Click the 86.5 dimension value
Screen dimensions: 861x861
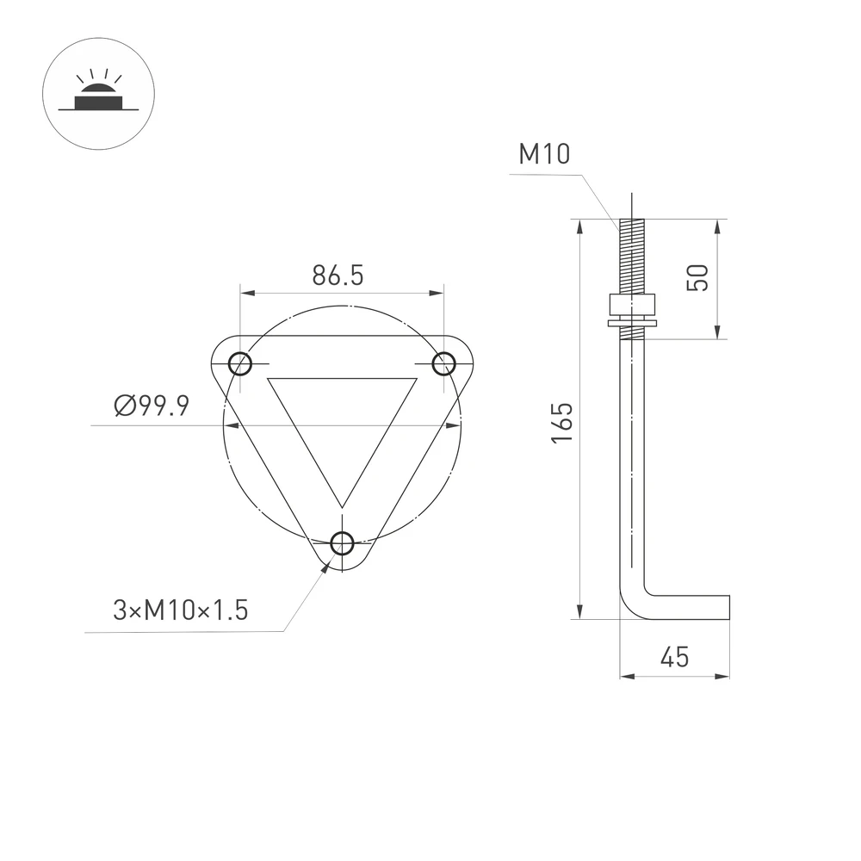tap(338, 276)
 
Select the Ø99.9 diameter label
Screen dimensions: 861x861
tap(152, 406)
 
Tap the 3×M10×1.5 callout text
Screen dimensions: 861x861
tap(181, 610)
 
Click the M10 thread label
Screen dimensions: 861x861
tap(544, 154)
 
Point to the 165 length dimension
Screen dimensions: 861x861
tap(562, 422)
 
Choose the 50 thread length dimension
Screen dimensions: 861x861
tap(698, 277)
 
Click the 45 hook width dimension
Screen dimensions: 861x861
tap(675, 657)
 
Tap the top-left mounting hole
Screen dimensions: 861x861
tap(240, 363)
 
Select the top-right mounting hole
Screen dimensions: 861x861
tap(443, 363)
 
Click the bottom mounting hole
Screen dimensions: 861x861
tap(342, 543)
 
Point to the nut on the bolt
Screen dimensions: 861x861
tap(632, 306)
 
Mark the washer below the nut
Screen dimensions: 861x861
tap(632, 324)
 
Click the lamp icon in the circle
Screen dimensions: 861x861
tap(97, 96)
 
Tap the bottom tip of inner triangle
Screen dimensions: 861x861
tap(342, 505)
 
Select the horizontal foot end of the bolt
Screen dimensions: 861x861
tap(723, 606)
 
